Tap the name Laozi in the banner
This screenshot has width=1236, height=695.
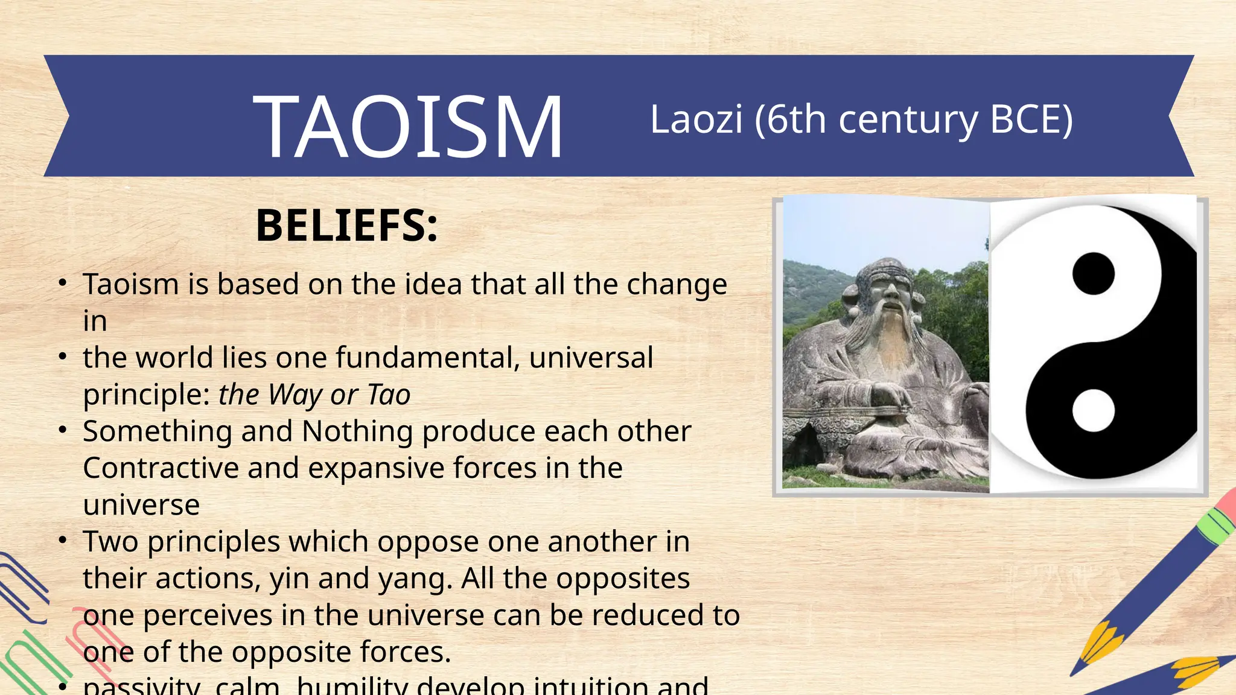point(696,119)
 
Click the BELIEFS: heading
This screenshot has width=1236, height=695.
point(346,226)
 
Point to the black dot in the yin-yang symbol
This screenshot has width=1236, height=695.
point(1093,273)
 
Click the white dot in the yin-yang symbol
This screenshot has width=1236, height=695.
point(1093,410)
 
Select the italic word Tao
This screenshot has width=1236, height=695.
point(389,395)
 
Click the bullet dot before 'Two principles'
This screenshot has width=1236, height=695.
point(63,541)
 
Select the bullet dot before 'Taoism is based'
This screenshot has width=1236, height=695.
point(63,283)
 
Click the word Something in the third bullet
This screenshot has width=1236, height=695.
point(157,432)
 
